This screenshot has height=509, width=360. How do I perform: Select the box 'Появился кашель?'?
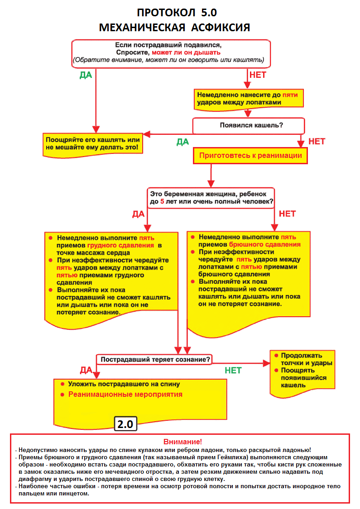pyautogui.click(x=249, y=125)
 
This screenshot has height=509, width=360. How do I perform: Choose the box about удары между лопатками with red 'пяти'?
pyautogui.click(x=249, y=99)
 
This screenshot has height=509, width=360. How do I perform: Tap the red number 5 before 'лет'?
pyautogui.click(x=163, y=201)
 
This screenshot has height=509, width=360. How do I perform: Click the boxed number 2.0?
pyautogui.click(x=125, y=424)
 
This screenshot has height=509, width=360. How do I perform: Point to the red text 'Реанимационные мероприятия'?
pyautogui.click(x=125, y=394)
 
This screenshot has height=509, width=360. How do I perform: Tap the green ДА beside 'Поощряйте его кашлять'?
pyautogui.click(x=182, y=142)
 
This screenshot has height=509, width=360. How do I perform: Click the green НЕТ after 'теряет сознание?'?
pyautogui.click(x=233, y=371)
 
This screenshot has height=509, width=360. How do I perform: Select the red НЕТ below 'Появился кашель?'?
pyautogui.click(x=317, y=141)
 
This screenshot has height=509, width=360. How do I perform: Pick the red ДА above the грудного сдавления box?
pyautogui.click(x=138, y=214)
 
